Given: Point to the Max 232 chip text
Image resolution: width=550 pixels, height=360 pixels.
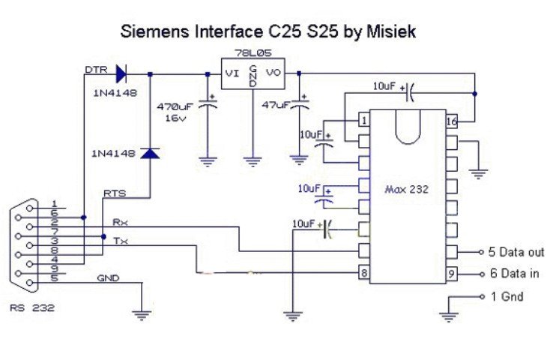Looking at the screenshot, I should click(407, 189).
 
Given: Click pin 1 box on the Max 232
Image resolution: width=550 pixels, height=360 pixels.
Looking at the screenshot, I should click(363, 120).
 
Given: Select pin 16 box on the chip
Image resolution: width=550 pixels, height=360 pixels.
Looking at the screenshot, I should click(452, 120).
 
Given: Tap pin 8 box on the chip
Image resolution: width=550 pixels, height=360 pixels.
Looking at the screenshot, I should click(363, 274).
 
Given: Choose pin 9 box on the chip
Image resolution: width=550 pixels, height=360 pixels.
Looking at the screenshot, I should click(452, 274).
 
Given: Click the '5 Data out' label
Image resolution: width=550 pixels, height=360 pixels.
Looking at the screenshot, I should click(516, 252).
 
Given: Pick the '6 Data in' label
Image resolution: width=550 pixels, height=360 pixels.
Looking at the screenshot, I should click(514, 274).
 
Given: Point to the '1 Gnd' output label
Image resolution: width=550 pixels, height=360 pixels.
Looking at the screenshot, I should click(507, 296).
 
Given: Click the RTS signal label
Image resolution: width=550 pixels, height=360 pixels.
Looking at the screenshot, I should click(115, 193).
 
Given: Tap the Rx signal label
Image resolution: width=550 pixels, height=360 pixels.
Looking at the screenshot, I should click(119, 222).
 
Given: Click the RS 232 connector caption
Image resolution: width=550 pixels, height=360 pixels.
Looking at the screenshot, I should click(32, 308).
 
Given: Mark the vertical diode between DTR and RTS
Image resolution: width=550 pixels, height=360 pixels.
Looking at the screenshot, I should click(151, 153).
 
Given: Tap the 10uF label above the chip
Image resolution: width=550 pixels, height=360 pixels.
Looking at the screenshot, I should click(384, 87).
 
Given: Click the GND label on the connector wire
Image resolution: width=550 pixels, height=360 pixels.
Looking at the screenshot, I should click(108, 277).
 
